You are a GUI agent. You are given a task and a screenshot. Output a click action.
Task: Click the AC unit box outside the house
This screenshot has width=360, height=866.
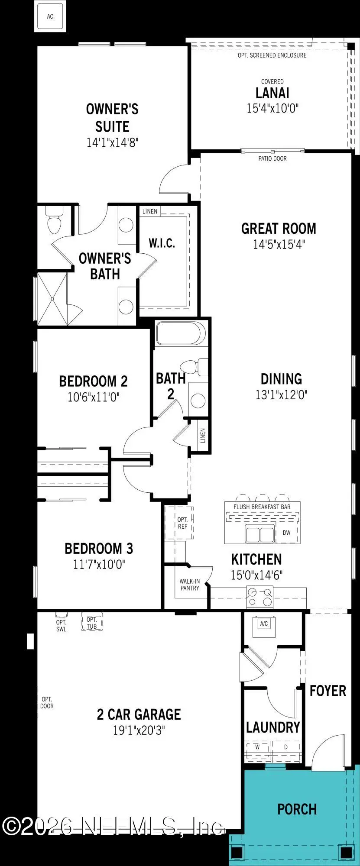pyautogui.click(x=50, y=16)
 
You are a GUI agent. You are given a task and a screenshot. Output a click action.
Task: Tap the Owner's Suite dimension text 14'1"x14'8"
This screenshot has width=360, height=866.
pyautogui.click(x=112, y=142)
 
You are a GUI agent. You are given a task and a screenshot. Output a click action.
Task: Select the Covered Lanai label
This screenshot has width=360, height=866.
pyautogui.click(x=272, y=93)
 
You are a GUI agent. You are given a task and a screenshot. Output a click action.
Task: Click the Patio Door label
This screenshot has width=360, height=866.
pyautogui.click(x=272, y=158)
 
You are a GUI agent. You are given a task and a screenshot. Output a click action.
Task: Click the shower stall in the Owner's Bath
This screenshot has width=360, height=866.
pyautogui.click(x=52, y=298)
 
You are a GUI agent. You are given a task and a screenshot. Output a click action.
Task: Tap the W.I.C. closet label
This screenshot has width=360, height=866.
pyautogui.click(x=162, y=243)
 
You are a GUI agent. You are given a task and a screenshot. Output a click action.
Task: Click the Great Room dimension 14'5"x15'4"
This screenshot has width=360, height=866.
pyautogui.click(x=279, y=245)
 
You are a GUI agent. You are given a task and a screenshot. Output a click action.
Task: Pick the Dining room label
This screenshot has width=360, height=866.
pyautogui.click(x=281, y=379)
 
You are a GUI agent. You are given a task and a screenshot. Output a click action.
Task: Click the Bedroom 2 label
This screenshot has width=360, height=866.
pyautogui.click(x=93, y=381)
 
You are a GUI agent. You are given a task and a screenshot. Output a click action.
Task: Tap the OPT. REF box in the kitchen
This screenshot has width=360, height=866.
pyautogui.click(x=182, y=523)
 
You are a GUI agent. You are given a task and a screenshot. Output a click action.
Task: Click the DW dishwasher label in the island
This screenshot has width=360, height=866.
pyautogui.click(x=286, y=533)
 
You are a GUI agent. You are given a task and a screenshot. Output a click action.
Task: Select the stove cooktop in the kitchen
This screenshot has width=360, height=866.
pyautogui.click(x=260, y=597)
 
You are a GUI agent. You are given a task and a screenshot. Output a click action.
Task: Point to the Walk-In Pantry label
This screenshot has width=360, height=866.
pyautogui.click(x=190, y=585)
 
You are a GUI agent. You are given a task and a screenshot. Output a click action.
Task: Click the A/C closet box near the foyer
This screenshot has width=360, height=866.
pyautogui.click(x=264, y=624)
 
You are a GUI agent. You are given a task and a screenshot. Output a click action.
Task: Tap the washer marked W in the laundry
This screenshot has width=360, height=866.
pyautogui.click(x=257, y=747)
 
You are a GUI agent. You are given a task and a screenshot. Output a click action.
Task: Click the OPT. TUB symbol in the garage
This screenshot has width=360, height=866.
pyautogui.click(x=92, y=623)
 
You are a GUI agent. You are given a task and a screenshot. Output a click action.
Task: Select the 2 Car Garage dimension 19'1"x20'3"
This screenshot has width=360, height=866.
pyautogui.click(x=139, y=730)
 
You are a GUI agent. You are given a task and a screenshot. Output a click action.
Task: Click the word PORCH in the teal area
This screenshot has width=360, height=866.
pyautogui.click(x=297, y=809)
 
